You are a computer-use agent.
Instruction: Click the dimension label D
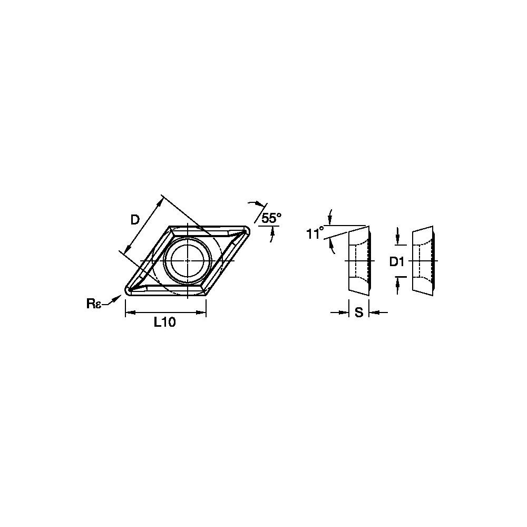point(135,220)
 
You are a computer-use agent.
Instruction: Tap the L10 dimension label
point(164,323)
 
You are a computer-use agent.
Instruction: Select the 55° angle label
point(271,219)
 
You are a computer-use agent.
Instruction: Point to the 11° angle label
point(315,233)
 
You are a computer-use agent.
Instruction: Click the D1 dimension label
point(397,261)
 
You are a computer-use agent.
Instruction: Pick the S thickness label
point(359,313)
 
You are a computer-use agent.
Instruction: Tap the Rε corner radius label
point(94,304)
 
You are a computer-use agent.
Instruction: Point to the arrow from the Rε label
point(112,300)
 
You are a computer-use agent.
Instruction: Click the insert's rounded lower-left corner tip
point(126,290)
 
